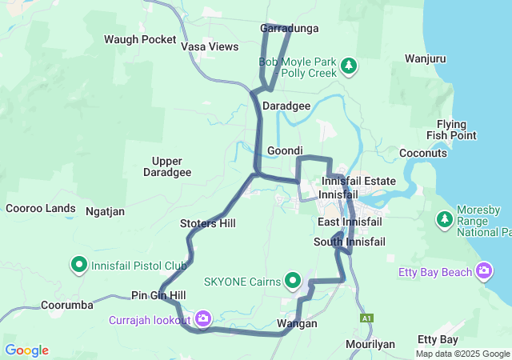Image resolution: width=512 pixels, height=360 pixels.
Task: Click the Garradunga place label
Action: [x=290, y=29]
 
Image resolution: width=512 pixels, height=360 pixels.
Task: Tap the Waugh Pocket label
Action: [x=140, y=39]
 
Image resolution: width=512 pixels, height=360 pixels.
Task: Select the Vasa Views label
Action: [x=210, y=47]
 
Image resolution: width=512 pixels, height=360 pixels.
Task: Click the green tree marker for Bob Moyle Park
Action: [x=348, y=65]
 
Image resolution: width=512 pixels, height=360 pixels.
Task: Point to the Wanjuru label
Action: [x=425, y=59]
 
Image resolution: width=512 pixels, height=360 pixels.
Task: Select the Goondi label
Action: [x=285, y=151]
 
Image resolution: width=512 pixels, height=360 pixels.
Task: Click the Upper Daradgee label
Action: [x=167, y=166]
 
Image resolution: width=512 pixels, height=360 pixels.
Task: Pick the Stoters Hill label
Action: [x=208, y=223]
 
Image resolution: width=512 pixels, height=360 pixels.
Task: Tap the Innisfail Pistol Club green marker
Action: [x=79, y=264]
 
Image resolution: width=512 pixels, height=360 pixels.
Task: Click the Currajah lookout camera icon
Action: [x=203, y=319]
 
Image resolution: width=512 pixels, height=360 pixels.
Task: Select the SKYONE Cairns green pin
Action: [x=294, y=282]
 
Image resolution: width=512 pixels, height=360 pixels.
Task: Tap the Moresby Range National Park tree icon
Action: [x=444, y=218]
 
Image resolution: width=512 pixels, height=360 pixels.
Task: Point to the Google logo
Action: [x=26, y=350]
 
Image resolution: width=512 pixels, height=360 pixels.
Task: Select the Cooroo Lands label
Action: [x=40, y=209]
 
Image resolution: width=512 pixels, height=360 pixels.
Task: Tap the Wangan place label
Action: [x=297, y=324]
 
